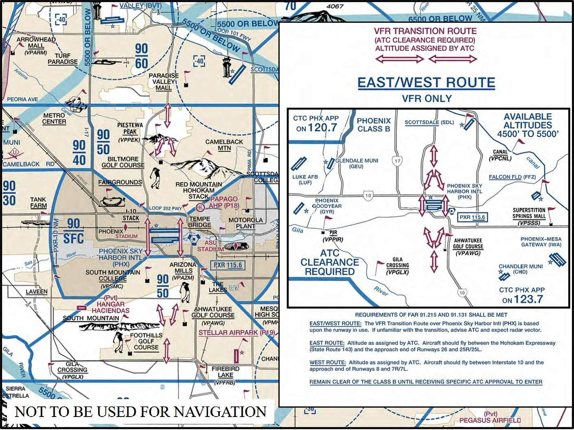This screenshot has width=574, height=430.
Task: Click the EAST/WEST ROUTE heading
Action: pyautogui.click(x=426, y=83)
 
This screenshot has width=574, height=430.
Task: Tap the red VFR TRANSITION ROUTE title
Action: pyautogui.click(x=425, y=31)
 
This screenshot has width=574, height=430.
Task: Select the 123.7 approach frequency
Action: pyautogui.click(x=528, y=299)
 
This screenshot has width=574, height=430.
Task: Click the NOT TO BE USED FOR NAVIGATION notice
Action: pyautogui.click(x=140, y=412)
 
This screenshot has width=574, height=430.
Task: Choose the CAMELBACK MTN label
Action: pyautogui.click(x=224, y=145)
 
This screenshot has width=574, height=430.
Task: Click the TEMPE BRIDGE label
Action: pyautogui.click(x=199, y=222)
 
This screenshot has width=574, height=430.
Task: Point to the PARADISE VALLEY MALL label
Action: pyautogui.click(x=163, y=81)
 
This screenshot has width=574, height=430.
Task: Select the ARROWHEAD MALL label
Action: pyautogui.click(x=36, y=43)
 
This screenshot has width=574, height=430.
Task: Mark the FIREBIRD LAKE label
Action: pyautogui.click(x=225, y=372)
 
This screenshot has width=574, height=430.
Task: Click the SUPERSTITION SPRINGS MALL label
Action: pyautogui.click(x=529, y=216)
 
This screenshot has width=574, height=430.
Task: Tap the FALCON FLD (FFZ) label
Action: pyautogui.click(x=512, y=177)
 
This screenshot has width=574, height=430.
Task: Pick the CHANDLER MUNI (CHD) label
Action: pyautogui.click(x=521, y=269)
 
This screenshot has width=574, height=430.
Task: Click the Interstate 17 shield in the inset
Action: pyautogui.click(x=397, y=161)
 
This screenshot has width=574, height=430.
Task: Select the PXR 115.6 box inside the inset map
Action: pyautogui.click(x=472, y=217)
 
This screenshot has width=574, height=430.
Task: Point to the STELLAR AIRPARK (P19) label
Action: pyautogui.click(x=236, y=332)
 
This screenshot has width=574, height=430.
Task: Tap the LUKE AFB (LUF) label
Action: pyautogui.click(x=305, y=179)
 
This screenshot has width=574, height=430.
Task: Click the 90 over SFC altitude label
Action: pyautogui.click(x=74, y=231)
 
